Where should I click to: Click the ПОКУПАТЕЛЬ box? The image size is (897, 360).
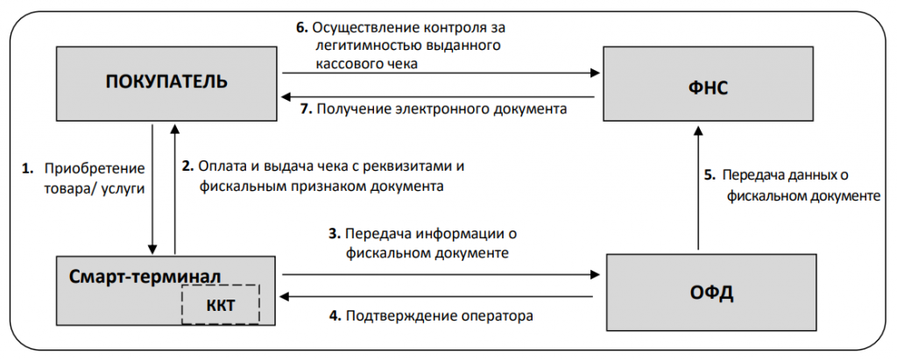pyautogui.click(x=166, y=83)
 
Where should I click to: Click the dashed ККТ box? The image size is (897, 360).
pyautogui.click(x=221, y=305)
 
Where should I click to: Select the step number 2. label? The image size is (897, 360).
pyautogui.click(x=187, y=166)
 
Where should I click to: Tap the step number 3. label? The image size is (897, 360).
pyautogui.click(x=333, y=234)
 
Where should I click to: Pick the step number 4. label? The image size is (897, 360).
pyautogui.click(x=334, y=314)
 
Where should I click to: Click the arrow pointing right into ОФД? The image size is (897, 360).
pyautogui.click(x=438, y=275)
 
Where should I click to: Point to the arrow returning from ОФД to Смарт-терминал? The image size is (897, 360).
pyautogui.click(x=438, y=298)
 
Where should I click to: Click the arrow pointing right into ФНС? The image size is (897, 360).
pyautogui.click(x=438, y=74)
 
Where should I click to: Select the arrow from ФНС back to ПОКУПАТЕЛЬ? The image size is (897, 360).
pyautogui.click(x=438, y=96)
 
